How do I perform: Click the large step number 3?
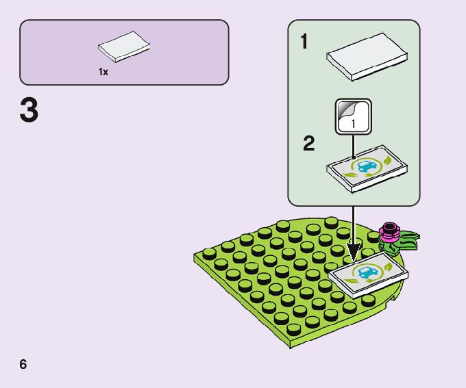pyautogui.click(x=29, y=112)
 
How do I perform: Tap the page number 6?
pyautogui.click(x=23, y=363)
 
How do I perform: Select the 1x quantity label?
pyautogui.click(x=103, y=72)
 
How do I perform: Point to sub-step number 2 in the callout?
pyautogui.click(x=308, y=144)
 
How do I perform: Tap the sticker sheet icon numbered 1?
pyautogui.click(x=353, y=117)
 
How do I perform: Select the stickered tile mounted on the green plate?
pyautogui.click(x=370, y=274)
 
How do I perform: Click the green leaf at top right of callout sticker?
pyautogui.click(x=388, y=159)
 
